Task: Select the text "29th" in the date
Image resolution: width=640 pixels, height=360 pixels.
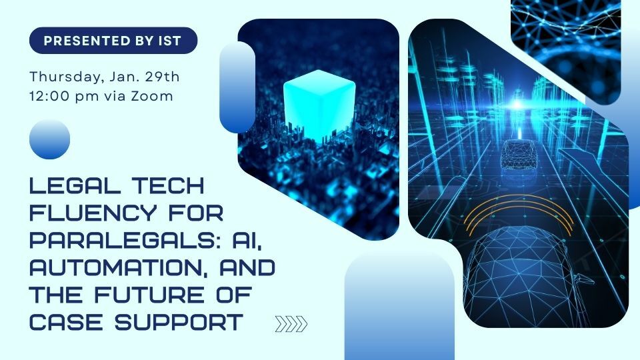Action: coord(163,76)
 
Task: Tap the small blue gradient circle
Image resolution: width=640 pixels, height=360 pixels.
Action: coord(50,139)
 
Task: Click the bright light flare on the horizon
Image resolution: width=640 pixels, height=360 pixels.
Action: coord(517,105)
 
